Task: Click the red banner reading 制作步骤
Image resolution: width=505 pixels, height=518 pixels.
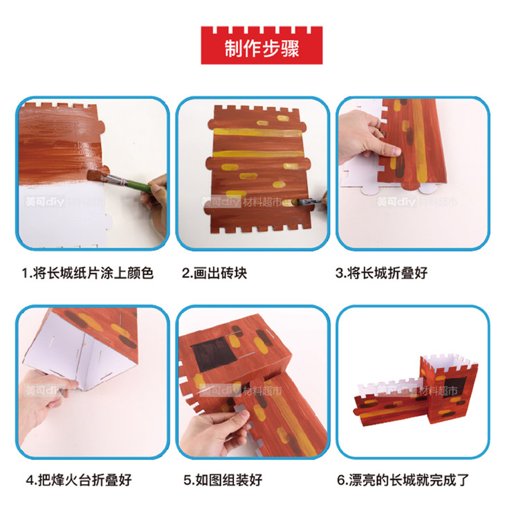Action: tap(261, 45)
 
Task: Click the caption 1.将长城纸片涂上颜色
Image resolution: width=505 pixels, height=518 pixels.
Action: tap(88, 274)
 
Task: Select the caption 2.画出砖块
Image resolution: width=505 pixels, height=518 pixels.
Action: tap(214, 274)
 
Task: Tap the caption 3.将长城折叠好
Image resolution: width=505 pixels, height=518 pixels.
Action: tap(382, 274)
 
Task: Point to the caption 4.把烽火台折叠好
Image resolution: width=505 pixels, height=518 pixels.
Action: tap(79, 480)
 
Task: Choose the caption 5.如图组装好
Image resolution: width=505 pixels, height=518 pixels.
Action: tap(223, 480)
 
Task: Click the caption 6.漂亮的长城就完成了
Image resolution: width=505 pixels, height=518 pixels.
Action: tap(403, 480)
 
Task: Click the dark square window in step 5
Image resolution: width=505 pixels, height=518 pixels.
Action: tap(213, 355)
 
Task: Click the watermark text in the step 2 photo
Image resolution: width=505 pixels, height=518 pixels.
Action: tap(241, 202)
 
